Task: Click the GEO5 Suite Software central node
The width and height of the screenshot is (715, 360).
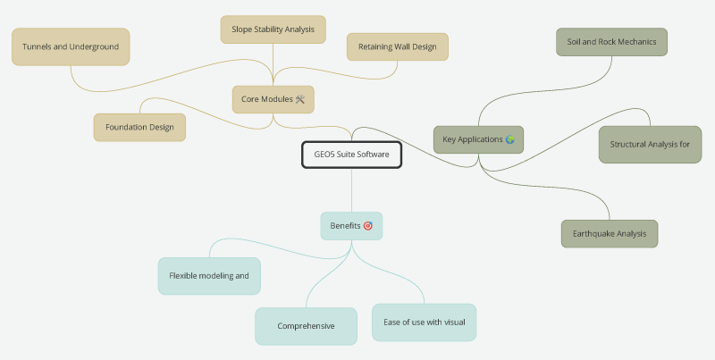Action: (351, 155)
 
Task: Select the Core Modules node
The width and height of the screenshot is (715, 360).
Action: (273, 99)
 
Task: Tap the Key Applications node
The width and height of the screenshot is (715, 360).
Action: (478, 139)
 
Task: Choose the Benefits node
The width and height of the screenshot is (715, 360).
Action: (351, 226)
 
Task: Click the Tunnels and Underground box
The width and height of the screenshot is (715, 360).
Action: (71, 47)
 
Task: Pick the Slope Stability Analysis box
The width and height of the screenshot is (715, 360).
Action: (273, 29)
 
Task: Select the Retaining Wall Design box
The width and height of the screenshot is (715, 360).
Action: (397, 46)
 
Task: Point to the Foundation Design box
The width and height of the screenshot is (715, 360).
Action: (139, 127)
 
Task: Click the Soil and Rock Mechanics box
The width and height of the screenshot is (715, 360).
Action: (611, 42)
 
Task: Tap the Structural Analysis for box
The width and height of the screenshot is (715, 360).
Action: (650, 145)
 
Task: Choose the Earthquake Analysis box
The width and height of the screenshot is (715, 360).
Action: (610, 234)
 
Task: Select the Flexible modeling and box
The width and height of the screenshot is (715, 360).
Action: (209, 276)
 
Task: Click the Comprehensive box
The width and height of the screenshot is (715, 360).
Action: (306, 326)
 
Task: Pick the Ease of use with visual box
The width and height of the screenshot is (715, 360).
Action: (424, 322)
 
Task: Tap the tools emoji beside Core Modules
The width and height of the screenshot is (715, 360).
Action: (300, 99)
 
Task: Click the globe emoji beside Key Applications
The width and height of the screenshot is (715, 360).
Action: (509, 139)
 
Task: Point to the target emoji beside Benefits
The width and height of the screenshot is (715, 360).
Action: (368, 226)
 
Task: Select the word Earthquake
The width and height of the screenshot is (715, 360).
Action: (592, 234)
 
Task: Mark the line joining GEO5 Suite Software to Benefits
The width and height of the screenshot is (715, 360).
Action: (351, 190)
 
